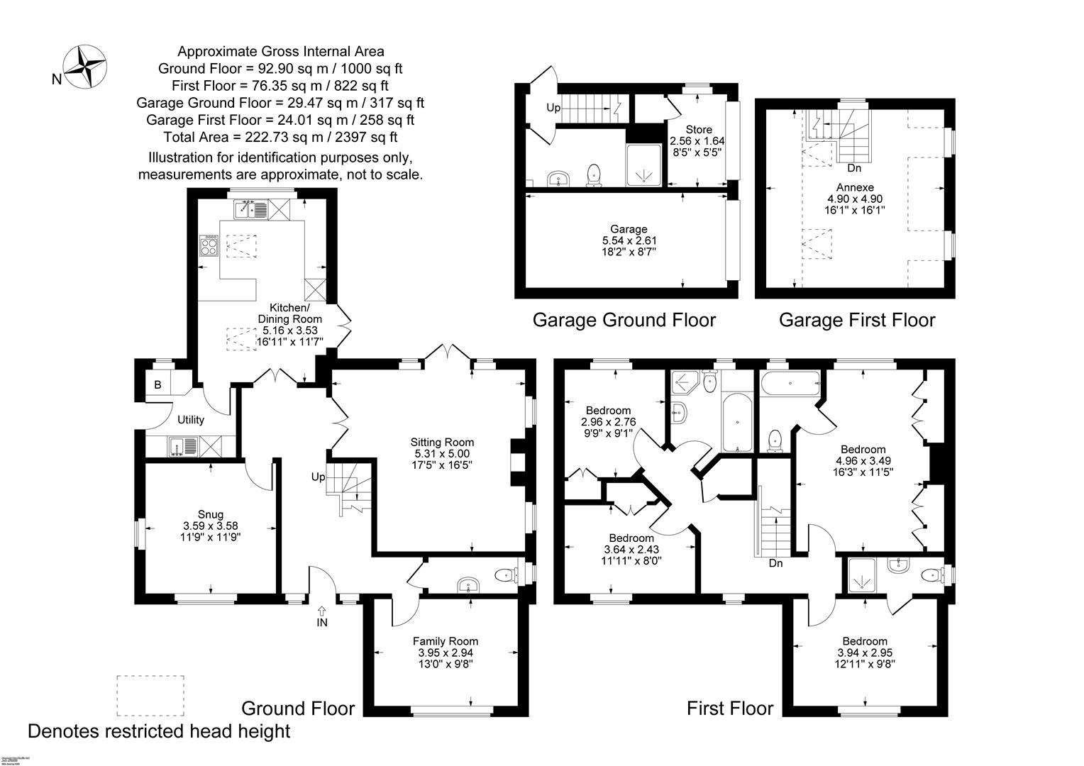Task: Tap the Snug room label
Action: pyautogui.click(x=211, y=514)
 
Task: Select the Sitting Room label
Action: pyautogui.click(x=444, y=443)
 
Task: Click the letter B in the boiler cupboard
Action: pyautogui.click(x=158, y=385)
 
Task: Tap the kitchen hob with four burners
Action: pyautogui.click(x=209, y=245)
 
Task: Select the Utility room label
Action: pyautogui.click(x=191, y=420)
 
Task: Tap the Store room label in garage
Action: pyautogui.click(x=699, y=130)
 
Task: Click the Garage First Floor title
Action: pyautogui.click(x=857, y=321)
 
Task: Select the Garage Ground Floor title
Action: pyautogui.click(x=624, y=321)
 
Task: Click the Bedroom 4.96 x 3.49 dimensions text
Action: pyautogui.click(x=863, y=460)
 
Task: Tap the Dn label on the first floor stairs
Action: pyautogui.click(x=775, y=564)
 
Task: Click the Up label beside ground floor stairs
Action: pyautogui.click(x=318, y=477)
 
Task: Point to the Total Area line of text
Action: pyautogui.click(x=280, y=137)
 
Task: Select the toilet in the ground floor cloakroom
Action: pyautogui.click(x=504, y=574)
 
